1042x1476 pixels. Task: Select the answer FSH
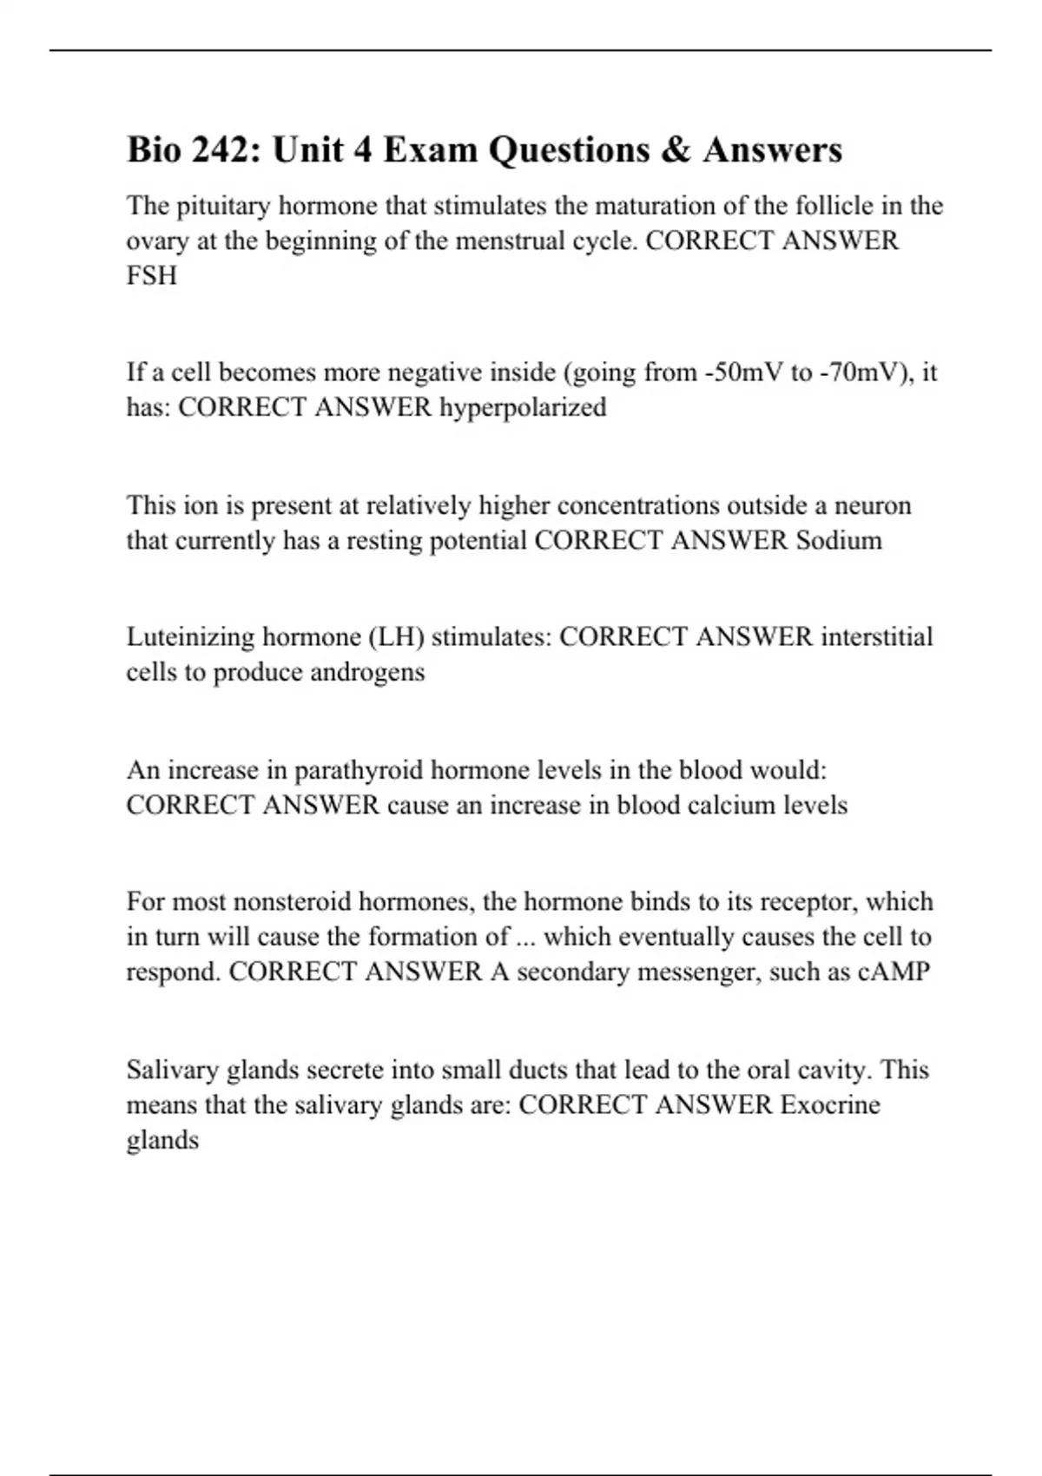tap(151, 276)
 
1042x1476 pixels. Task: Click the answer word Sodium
tap(839, 540)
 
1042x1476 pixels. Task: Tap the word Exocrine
tap(830, 1104)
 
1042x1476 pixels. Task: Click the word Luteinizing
tap(191, 636)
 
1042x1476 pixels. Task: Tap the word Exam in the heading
tap(430, 150)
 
